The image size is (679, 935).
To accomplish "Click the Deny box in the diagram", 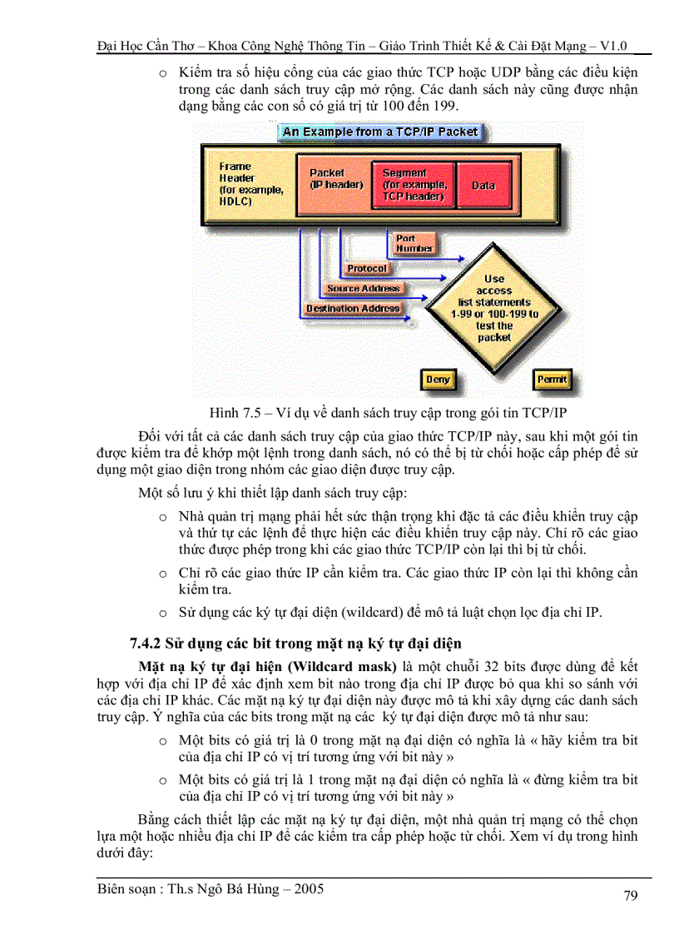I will (x=438, y=380).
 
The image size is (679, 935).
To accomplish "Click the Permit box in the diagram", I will (x=552, y=380).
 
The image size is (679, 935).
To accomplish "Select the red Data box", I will (x=483, y=185).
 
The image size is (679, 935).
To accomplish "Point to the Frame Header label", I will (x=242, y=184).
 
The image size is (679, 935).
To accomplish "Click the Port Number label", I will (x=414, y=243).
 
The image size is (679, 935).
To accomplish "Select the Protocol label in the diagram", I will (x=367, y=269).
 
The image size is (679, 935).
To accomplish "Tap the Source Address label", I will (x=363, y=288).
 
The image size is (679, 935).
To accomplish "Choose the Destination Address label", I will (x=352, y=308).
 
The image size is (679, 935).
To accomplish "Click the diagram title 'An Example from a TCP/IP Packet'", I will (x=380, y=132).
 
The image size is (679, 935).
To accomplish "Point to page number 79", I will (x=630, y=896).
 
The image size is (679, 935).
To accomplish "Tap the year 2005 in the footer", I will (x=307, y=889).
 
